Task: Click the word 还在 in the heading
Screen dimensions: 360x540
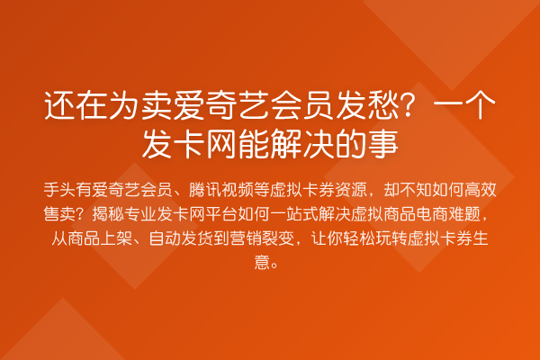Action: point(76,107)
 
